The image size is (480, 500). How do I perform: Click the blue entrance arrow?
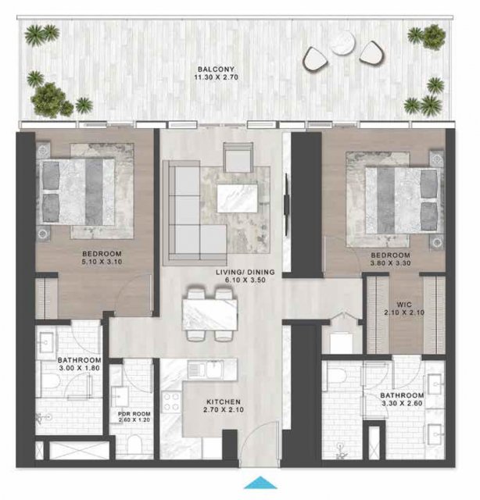260,482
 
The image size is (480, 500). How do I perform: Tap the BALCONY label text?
216,69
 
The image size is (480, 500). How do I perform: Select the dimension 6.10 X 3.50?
245,280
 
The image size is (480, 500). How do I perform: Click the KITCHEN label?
224,402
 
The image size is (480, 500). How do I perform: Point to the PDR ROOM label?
134,414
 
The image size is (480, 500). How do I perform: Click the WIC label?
404,305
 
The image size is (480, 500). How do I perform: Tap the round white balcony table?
343,42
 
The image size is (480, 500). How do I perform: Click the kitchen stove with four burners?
171,402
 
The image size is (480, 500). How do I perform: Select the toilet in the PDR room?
134,445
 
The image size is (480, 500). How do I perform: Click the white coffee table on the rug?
237,198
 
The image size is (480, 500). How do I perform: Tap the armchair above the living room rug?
238,158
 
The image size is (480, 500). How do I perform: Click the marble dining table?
210,315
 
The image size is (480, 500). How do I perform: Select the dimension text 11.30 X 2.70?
216,77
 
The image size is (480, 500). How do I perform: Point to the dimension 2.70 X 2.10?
224,409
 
